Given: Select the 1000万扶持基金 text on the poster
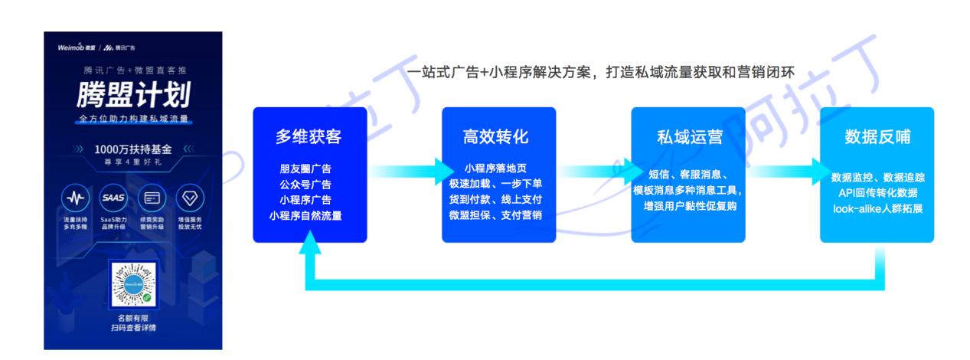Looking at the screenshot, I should click(x=133, y=149).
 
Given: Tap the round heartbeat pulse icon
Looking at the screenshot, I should click(x=74, y=198).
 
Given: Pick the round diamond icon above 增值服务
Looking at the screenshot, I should click(x=188, y=198).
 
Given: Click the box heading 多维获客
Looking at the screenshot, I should click(x=309, y=137).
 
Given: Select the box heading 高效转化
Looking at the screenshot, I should click(x=498, y=137).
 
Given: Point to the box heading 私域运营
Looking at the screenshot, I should click(x=687, y=137).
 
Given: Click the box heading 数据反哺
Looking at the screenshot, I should click(x=877, y=137).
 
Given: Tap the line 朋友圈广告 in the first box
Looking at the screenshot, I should click(x=309, y=169).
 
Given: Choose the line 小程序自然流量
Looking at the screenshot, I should click(x=309, y=215).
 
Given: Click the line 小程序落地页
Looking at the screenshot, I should click(x=498, y=169).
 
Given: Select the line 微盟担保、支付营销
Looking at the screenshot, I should click(x=498, y=215).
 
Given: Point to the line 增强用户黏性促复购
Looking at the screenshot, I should click(x=687, y=207).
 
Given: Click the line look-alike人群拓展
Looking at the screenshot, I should click(x=877, y=208).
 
